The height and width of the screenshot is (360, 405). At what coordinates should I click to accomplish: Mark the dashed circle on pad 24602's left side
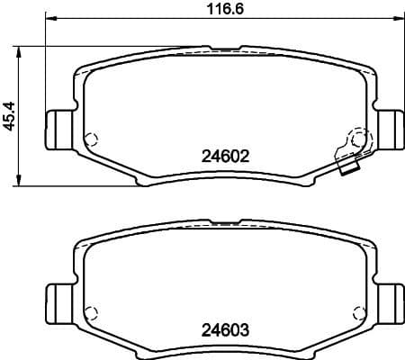click(89, 139)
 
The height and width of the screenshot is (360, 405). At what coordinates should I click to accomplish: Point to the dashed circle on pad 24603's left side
click(89, 314)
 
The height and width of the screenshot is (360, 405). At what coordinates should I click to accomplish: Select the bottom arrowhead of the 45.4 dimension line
click(22, 183)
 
